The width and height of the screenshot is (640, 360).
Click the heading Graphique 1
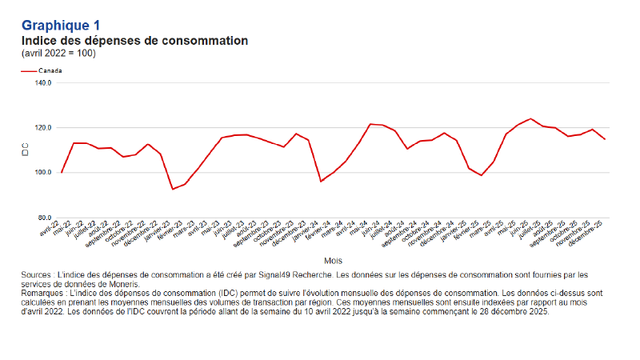pos(61,26)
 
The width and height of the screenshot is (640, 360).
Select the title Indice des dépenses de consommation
pos(134,40)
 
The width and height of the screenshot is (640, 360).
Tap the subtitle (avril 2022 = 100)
pos(59,53)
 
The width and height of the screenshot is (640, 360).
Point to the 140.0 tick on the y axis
pos(43,82)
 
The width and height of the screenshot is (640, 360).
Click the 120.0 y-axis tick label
pos(43,127)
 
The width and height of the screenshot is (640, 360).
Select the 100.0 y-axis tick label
pos(43,172)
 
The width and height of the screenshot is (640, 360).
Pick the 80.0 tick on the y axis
pos(45,218)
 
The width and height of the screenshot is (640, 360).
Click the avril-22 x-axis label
pos(51,229)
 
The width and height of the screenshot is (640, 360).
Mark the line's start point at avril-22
pos(62,172)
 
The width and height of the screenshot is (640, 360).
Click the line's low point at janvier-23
pos(173,189)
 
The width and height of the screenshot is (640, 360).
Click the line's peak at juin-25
pos(530,118)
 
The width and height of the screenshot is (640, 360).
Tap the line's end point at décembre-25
pos(604,139)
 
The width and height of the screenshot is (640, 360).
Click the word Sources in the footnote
pos(38,275)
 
